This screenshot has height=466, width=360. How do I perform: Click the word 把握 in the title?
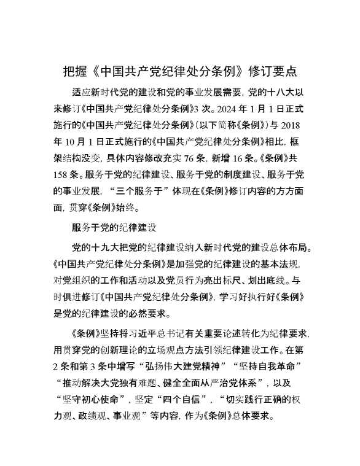click(x=76, y=70)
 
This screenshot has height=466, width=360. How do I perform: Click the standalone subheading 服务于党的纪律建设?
click(x=114, y=228)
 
